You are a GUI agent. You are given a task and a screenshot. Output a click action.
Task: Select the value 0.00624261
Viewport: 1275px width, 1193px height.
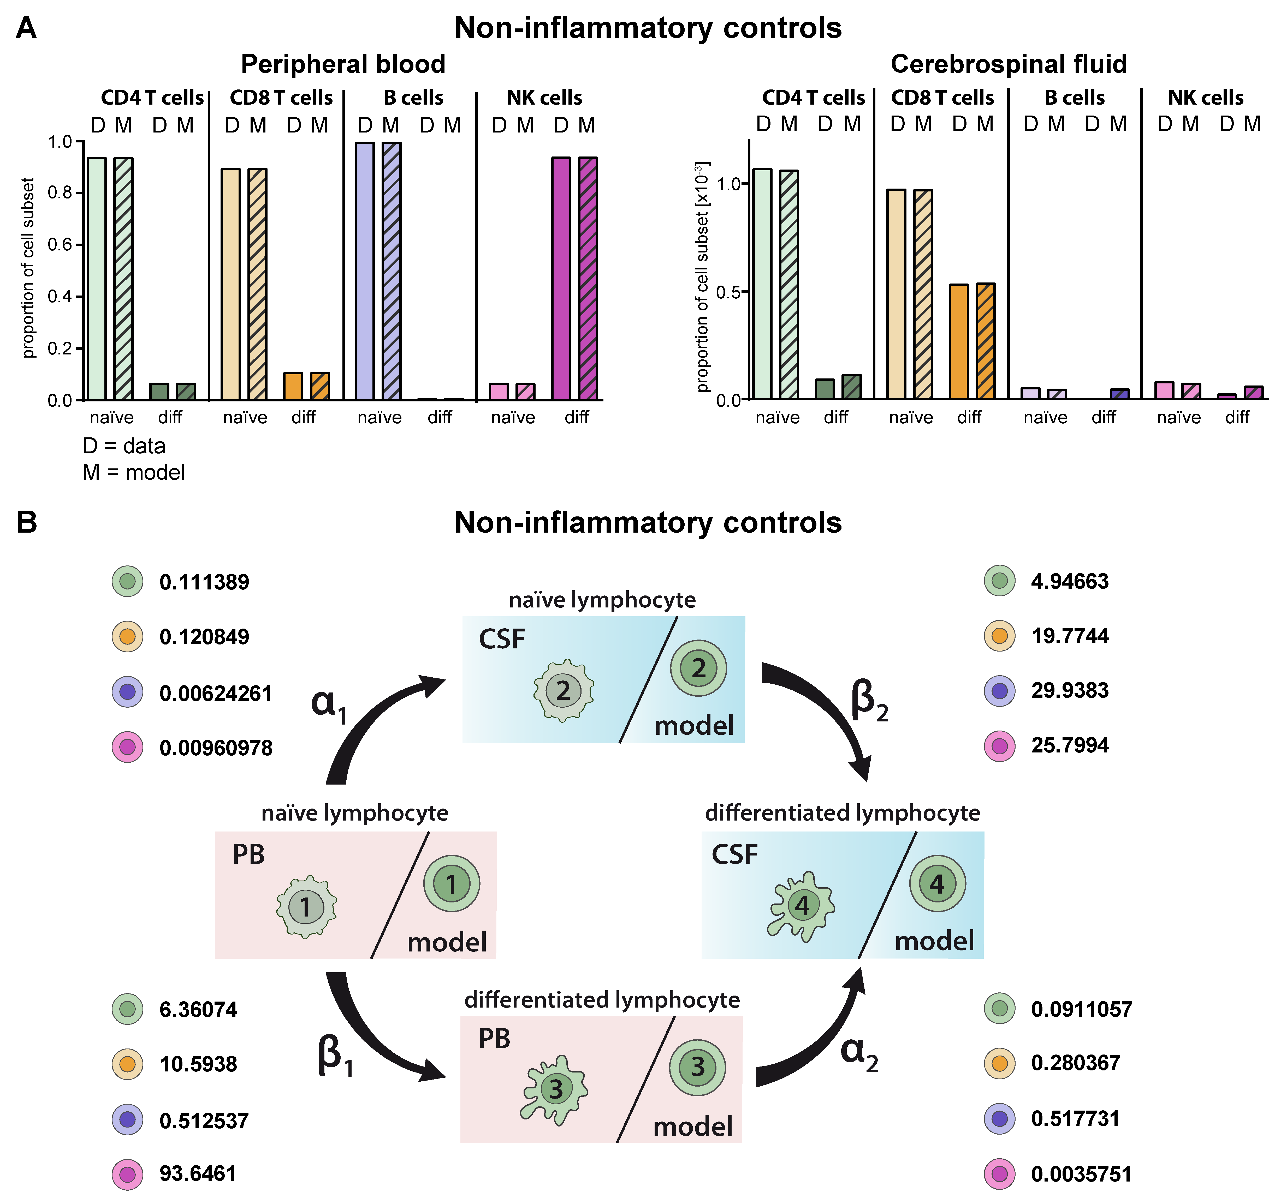click(x=216, y=693)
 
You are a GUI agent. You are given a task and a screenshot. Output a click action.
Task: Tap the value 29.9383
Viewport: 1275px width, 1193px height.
click(x=1070, y=690)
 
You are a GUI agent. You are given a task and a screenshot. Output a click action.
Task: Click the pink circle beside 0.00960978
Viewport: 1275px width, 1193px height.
click(x=128, y=747)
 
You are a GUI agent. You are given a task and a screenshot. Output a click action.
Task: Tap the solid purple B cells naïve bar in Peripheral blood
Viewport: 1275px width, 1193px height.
click(x=364, y=271)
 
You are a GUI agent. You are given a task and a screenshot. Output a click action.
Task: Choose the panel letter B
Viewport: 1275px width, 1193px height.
click(x=27, y=522)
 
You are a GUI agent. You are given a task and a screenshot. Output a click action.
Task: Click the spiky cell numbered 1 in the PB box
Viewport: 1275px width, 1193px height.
click(x=306, y=906)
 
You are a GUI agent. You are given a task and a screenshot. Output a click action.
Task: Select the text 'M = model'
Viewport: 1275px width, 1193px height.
click(x=133, y=472)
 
